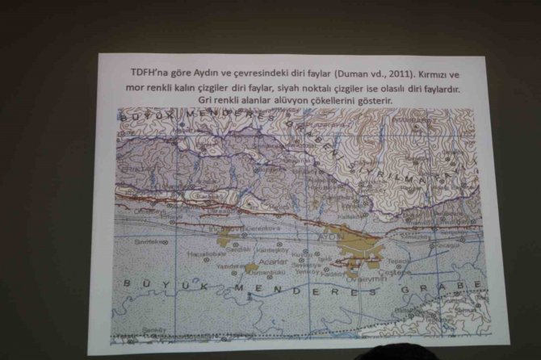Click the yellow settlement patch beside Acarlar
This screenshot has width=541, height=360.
[252, 266]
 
